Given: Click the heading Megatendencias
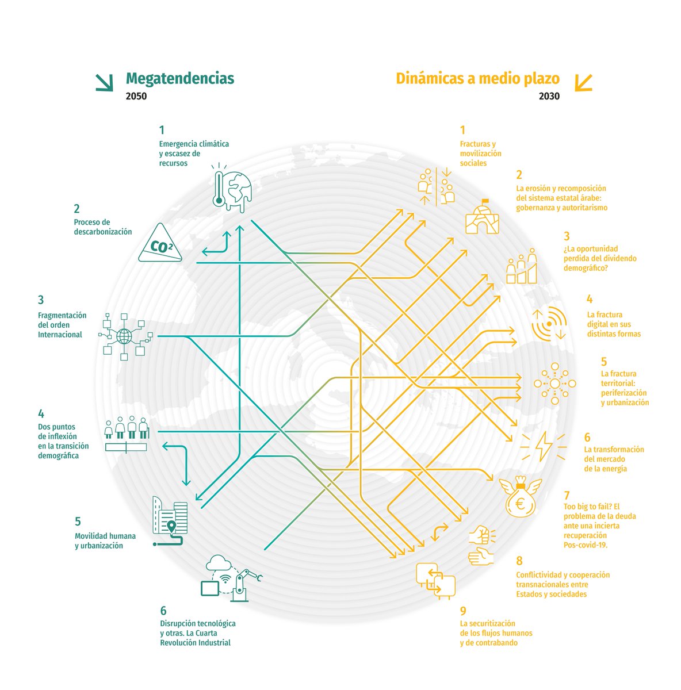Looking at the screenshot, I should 179,78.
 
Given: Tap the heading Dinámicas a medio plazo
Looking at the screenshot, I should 477,78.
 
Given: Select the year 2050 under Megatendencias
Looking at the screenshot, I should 136,96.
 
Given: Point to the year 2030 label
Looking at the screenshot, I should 549,96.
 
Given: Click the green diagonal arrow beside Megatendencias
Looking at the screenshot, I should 104,82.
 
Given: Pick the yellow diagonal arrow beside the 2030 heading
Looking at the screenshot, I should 583,82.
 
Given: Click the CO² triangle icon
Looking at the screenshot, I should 160,246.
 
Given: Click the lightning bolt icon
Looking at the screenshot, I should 542,446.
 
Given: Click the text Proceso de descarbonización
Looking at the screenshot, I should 102,227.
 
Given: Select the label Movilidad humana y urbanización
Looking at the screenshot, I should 105,540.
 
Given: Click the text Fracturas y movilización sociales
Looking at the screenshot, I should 480,154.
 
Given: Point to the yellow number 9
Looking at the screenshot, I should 463,611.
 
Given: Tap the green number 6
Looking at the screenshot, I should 163,611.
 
